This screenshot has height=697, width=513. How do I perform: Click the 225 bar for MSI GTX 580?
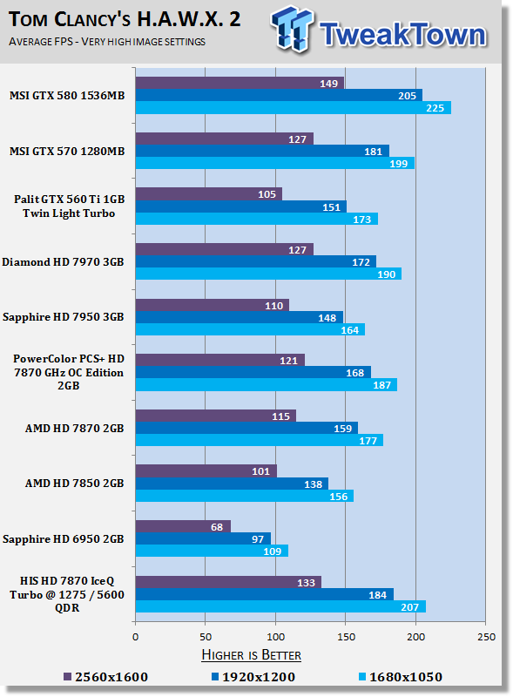click(294, 107)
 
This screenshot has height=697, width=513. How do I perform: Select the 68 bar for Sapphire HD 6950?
click(183, 526)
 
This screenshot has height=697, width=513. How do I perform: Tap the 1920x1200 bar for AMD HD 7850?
click(232, 484)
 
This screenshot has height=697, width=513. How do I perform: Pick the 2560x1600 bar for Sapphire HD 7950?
click(213, 305)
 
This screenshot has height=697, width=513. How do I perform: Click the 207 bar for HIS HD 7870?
click(280, 606)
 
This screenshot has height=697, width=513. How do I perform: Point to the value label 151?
click(331, 207)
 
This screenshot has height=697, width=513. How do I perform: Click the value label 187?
click(381, 385)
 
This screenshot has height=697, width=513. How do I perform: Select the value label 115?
click(280, 416)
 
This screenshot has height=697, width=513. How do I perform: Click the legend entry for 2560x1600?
click(105, 677)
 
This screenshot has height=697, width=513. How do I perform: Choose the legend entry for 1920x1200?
click(253, 677)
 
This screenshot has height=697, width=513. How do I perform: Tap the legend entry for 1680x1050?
click(401, 677)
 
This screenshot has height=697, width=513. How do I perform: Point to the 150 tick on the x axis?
click(346, 637)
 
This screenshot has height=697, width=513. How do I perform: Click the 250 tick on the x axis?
click(486, 637)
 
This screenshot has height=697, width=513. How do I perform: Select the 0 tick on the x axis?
click(136, 637)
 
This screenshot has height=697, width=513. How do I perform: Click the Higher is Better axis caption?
click(251, 655)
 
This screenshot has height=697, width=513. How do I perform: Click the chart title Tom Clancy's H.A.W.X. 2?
click(125, 19)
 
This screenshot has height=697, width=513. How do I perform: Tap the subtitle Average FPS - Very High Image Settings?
click(107, 42)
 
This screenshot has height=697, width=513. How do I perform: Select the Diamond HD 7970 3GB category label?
click(63, 262)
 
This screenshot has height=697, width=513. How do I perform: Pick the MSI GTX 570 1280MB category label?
click(67, 151)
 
